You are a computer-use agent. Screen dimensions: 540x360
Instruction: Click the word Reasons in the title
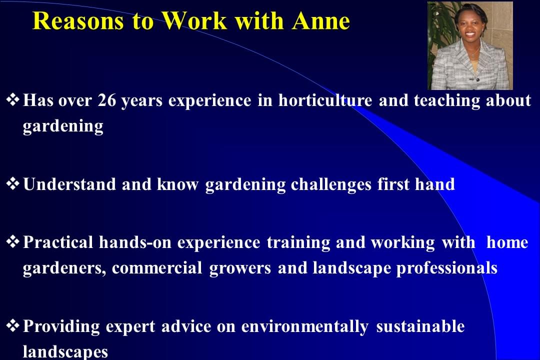pos(78,21)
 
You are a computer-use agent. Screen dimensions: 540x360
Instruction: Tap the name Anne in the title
pos(321,21)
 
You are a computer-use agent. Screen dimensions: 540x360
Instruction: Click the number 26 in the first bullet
pos(107,100)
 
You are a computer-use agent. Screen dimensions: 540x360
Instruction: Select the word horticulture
pos(325,100)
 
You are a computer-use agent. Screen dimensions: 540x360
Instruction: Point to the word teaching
pos(446,101)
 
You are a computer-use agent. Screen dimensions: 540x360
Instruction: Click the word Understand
pos(69,184)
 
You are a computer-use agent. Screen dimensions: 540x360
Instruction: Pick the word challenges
pos(330,184)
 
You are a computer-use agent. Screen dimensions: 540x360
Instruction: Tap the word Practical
pos(58,242)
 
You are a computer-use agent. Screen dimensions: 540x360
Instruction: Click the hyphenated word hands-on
pos(135,242)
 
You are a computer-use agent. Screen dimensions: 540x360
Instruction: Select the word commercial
pos(157,268)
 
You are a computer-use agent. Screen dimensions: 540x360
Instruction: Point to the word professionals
pos(446,268)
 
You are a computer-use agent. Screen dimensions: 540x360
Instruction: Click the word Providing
pos(61,326)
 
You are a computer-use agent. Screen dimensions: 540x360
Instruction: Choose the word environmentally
pos(304,326)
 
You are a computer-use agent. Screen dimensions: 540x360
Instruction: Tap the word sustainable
pos(420,326)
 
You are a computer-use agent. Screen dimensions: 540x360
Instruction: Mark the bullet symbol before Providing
pos(12,325)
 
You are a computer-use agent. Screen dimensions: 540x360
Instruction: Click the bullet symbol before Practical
pos(12,242)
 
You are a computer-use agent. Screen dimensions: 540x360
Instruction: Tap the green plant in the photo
pos(440,31)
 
